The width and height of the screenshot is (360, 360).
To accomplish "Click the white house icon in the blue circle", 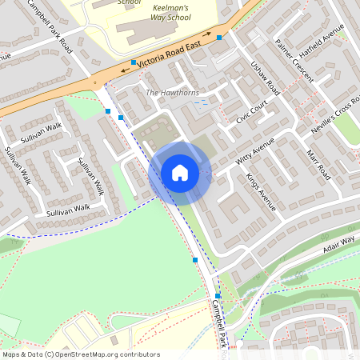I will point(180,173).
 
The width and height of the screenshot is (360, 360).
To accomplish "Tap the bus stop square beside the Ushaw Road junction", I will point(219,38).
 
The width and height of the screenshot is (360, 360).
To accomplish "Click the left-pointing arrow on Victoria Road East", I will point(125,70).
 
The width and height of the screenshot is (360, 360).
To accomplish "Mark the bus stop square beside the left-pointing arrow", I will point(133,62).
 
